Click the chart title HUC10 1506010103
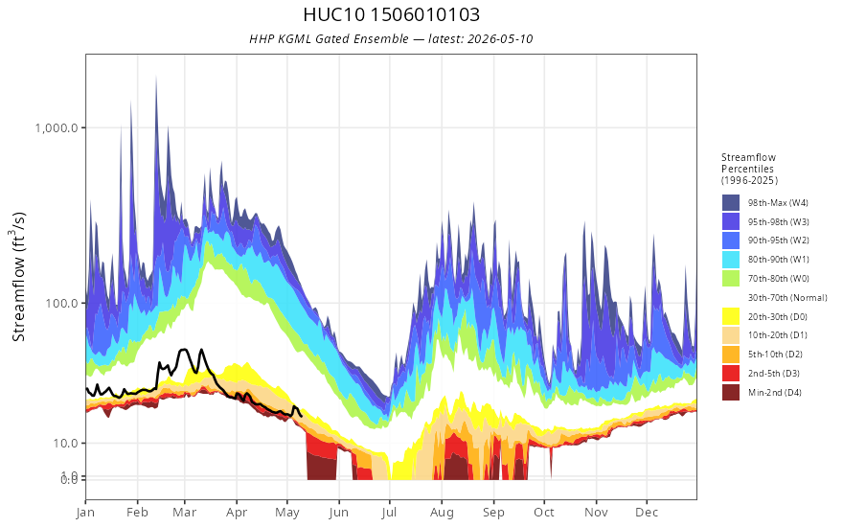point(392,14)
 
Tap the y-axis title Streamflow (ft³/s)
point(18,277)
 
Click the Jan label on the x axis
point(86,513)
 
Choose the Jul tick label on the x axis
point(389,513)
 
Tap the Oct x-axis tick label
point(544,513)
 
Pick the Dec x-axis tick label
point(647,513)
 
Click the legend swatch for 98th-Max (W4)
point(731,203)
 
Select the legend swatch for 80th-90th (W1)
point(731,260)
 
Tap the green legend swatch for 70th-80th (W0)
point(731,279)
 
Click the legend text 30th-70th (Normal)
point(787,297)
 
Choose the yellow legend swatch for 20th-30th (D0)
point(731,316)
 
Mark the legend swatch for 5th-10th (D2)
point(731,355)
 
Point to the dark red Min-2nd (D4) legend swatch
point(731,393)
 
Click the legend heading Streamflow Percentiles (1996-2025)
point(749,169)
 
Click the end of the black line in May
point(302,416)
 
